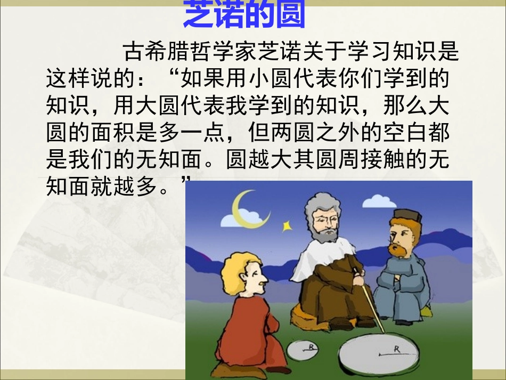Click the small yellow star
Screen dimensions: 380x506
[287, 225]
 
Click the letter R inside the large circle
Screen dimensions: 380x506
[396, 350]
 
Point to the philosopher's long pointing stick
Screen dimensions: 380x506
[371, 304]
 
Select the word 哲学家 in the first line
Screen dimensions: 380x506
[224, 52]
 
